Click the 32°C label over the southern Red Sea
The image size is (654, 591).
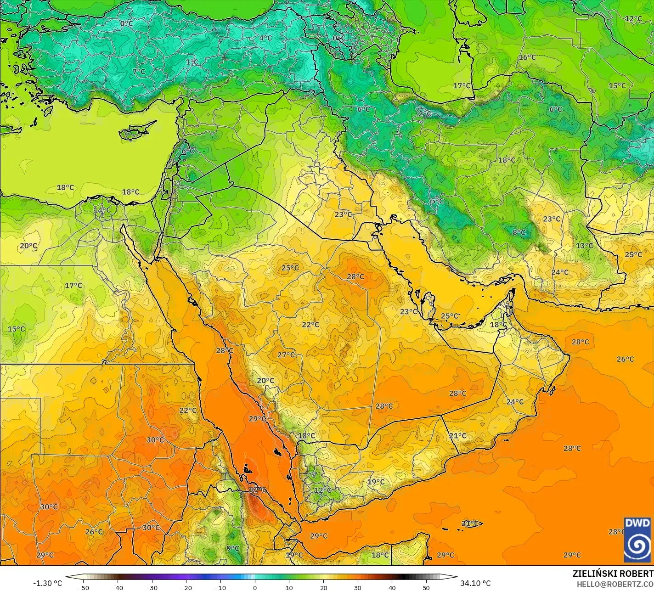258,490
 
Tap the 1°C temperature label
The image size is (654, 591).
192,62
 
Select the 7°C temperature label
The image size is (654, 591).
139,72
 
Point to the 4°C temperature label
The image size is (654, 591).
265,38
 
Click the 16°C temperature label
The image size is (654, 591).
527,57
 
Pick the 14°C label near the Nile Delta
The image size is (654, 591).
102,210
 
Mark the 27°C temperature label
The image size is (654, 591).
286,355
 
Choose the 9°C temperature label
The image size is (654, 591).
233,548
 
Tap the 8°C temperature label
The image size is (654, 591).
519,232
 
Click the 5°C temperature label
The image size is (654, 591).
437,201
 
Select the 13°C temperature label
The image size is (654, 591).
584,246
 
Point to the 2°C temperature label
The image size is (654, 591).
425,113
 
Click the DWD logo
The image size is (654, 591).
637,539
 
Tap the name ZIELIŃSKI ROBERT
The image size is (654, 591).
613,574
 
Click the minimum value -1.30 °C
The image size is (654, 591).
47,583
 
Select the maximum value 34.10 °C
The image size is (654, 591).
475,583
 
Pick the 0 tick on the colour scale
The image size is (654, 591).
255,587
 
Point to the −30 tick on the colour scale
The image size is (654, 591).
152,587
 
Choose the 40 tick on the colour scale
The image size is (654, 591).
392,587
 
